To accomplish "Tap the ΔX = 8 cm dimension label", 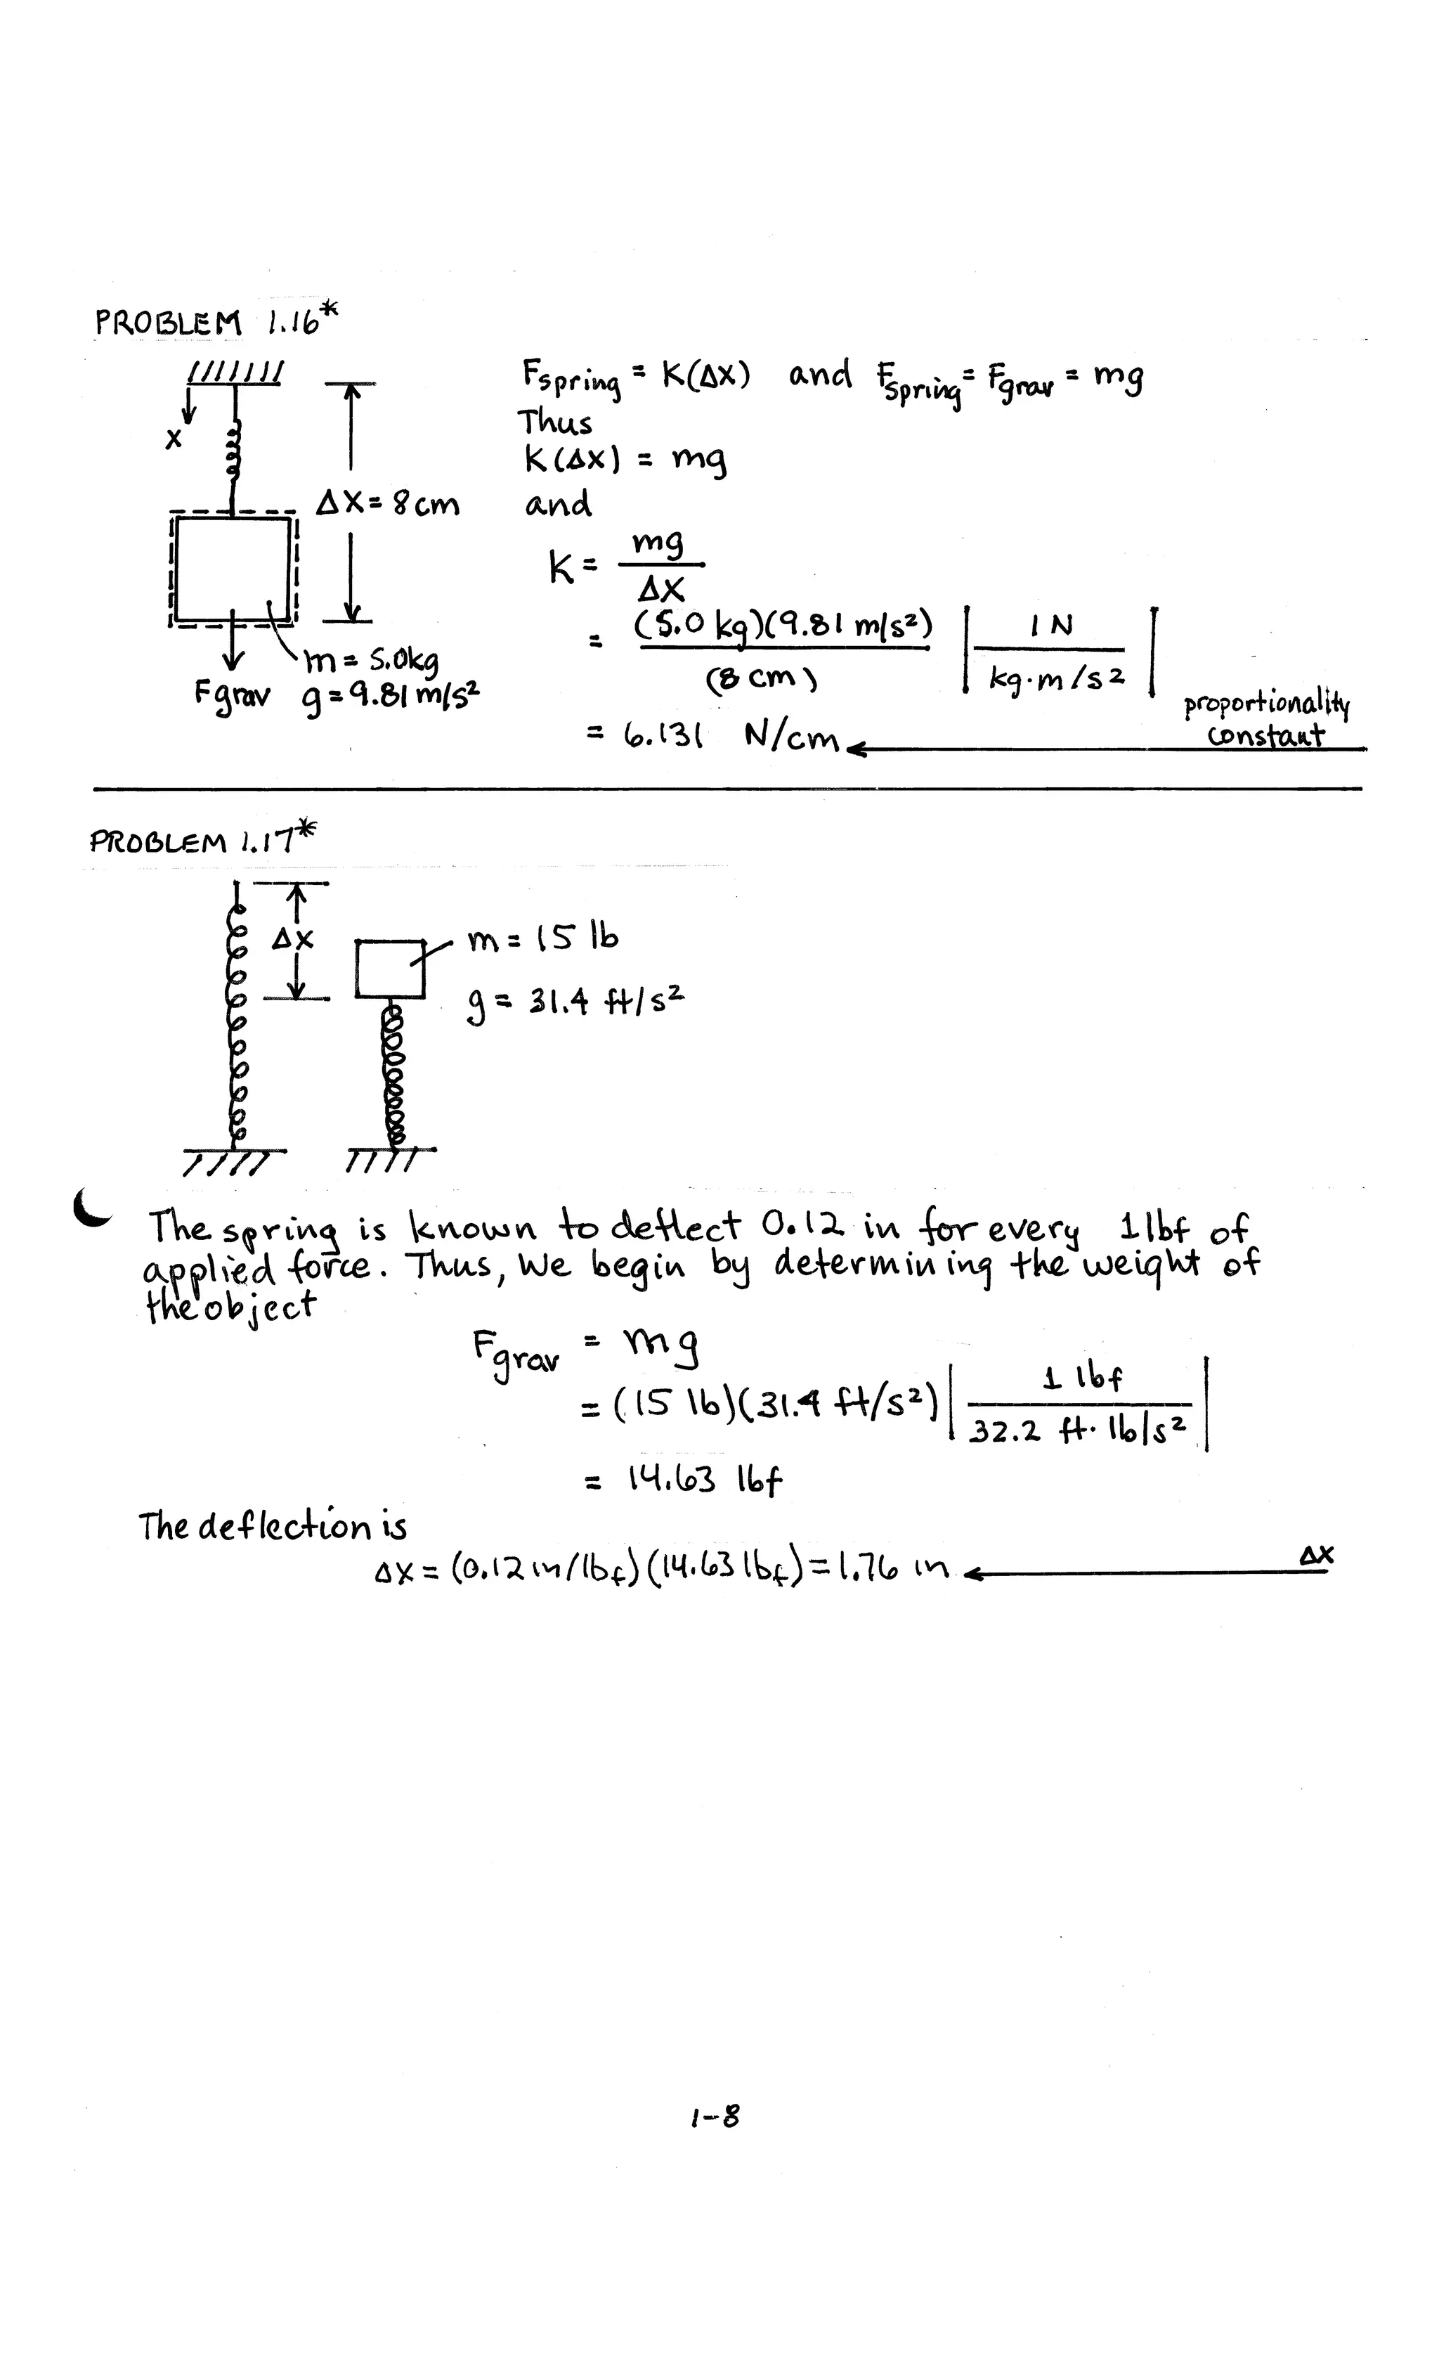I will (389, 503).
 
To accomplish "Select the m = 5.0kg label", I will (371, 661).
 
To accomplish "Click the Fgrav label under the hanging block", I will (232, 694).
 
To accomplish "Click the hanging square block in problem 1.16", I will (232, 569).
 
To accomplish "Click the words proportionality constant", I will (1266, 720).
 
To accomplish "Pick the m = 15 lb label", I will (542, 939).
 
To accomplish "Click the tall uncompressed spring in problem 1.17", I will (237, 1020).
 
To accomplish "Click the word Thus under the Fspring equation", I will (555, 422).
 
